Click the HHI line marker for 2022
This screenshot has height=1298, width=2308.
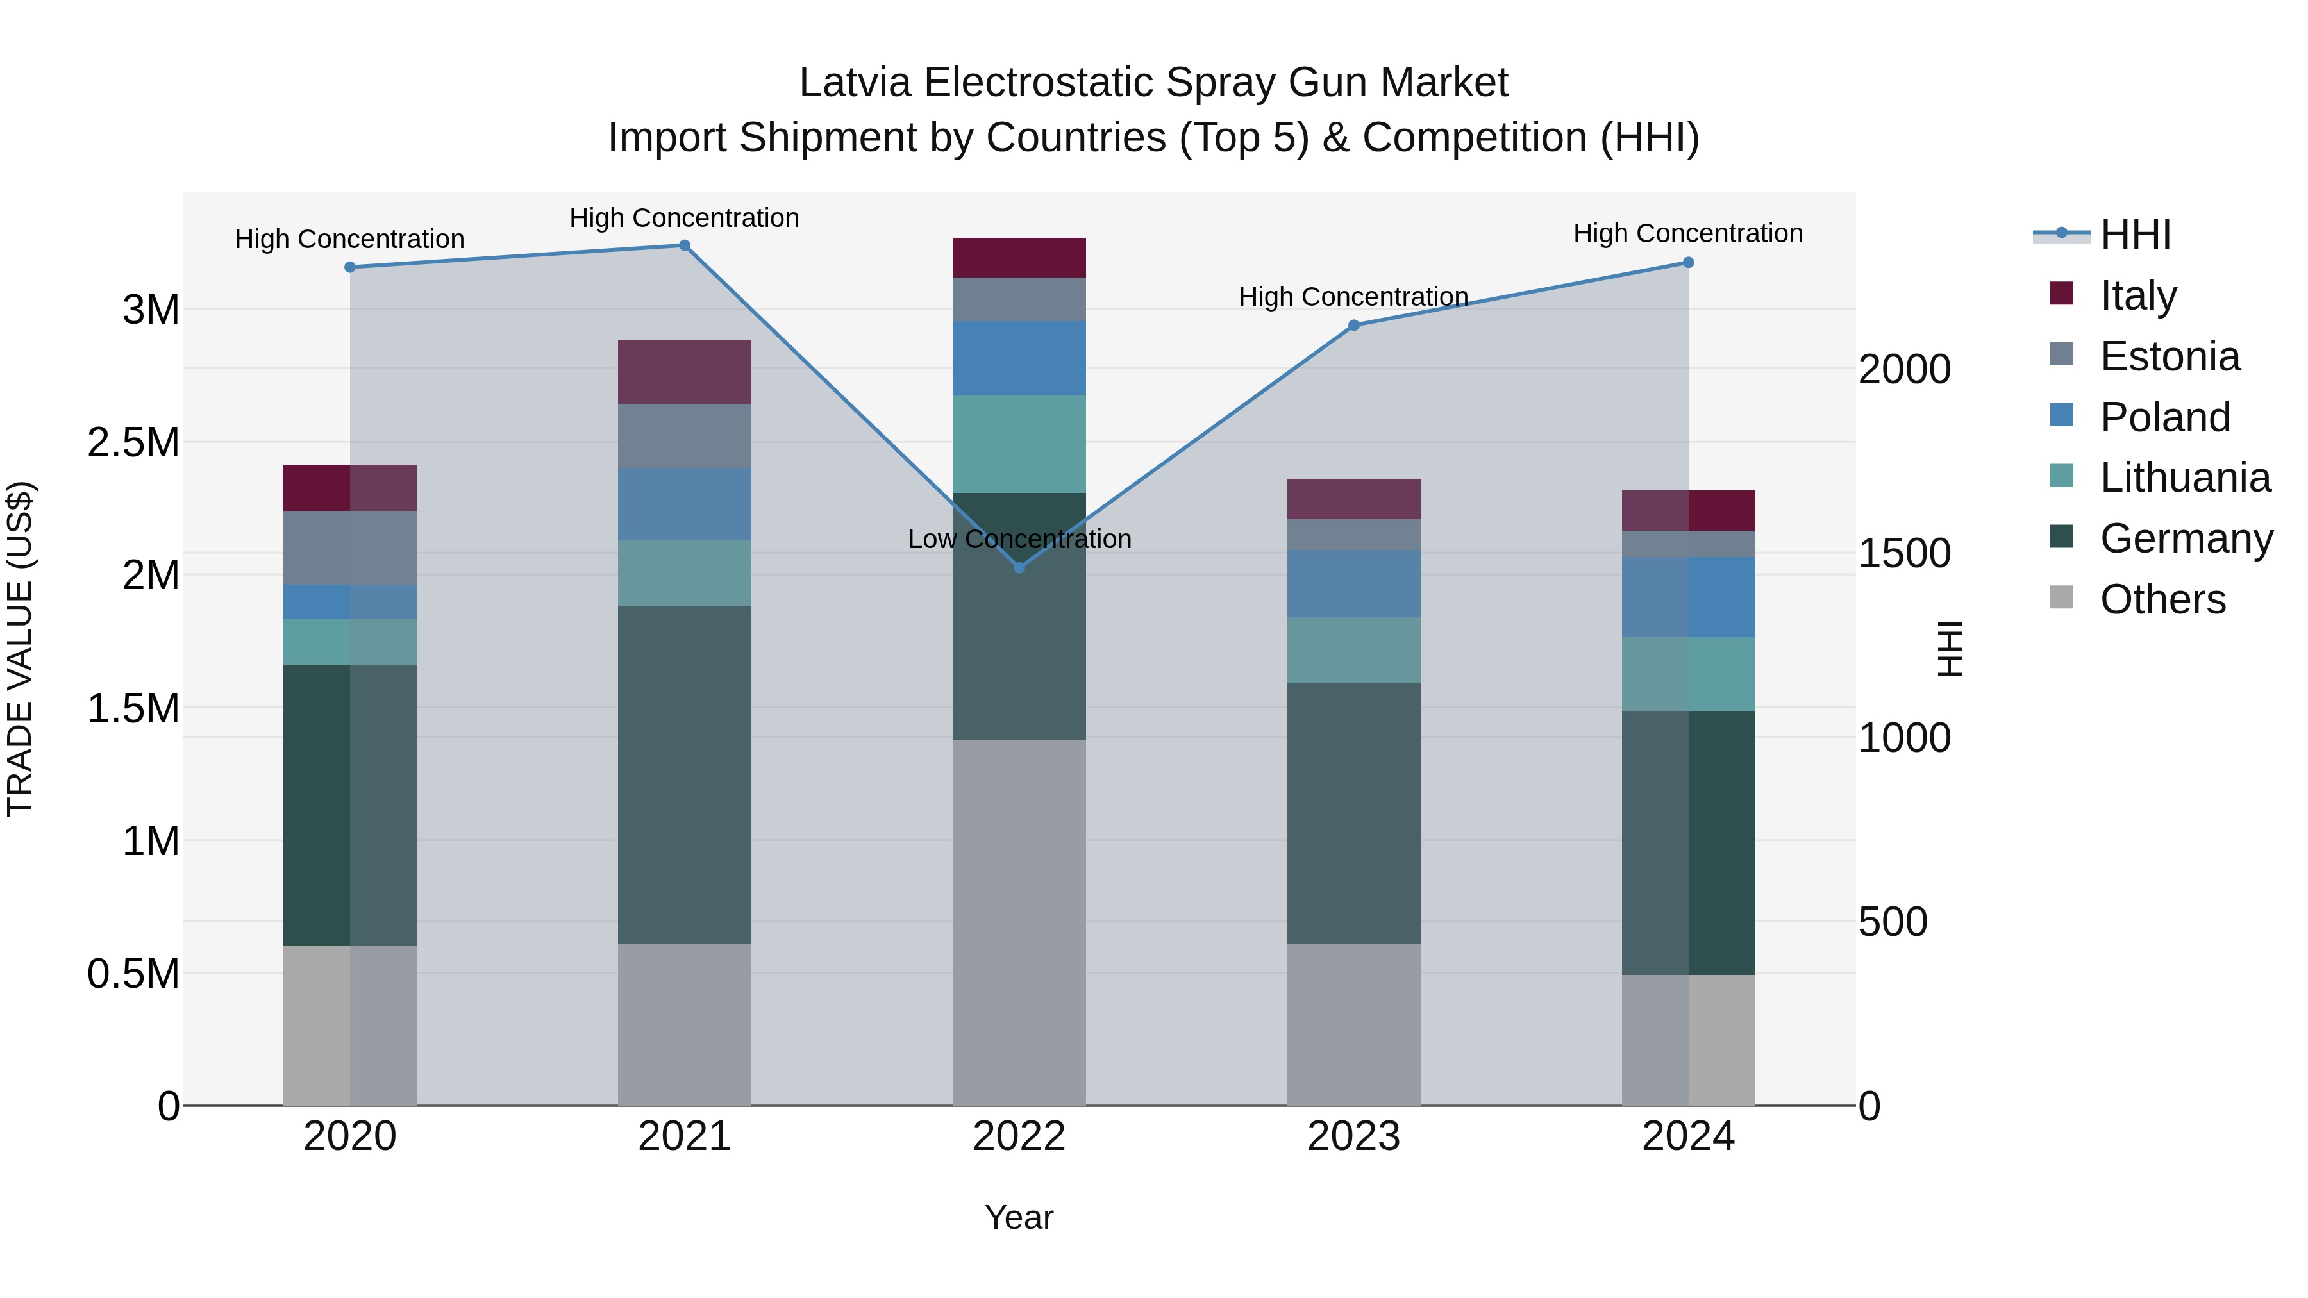point(1019,568)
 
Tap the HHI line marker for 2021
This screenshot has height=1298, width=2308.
point(685,245)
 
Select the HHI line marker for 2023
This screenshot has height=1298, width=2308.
point(1354,325)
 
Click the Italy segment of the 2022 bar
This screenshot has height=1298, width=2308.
point(1019,258)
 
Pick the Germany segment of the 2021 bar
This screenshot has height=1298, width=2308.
point(685,775)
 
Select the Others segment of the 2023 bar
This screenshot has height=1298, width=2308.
point(1354,1024)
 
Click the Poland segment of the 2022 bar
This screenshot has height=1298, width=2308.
point(1019,358)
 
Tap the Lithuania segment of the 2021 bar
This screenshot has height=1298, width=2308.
point(685,572)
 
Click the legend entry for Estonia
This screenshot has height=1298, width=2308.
point(2169,356)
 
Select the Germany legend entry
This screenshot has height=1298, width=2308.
point(2186,538)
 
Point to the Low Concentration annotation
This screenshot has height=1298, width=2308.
point(1019,539)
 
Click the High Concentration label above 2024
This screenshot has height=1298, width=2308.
point(1688,234)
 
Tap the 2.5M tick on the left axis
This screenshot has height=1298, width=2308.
point(133,442)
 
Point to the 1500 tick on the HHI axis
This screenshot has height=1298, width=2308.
point(1905,554)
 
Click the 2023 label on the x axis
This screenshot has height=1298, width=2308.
point(1354,1136)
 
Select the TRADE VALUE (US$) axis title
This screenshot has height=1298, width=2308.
point(20,649)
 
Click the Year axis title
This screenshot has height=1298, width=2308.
point(1019,1217)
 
